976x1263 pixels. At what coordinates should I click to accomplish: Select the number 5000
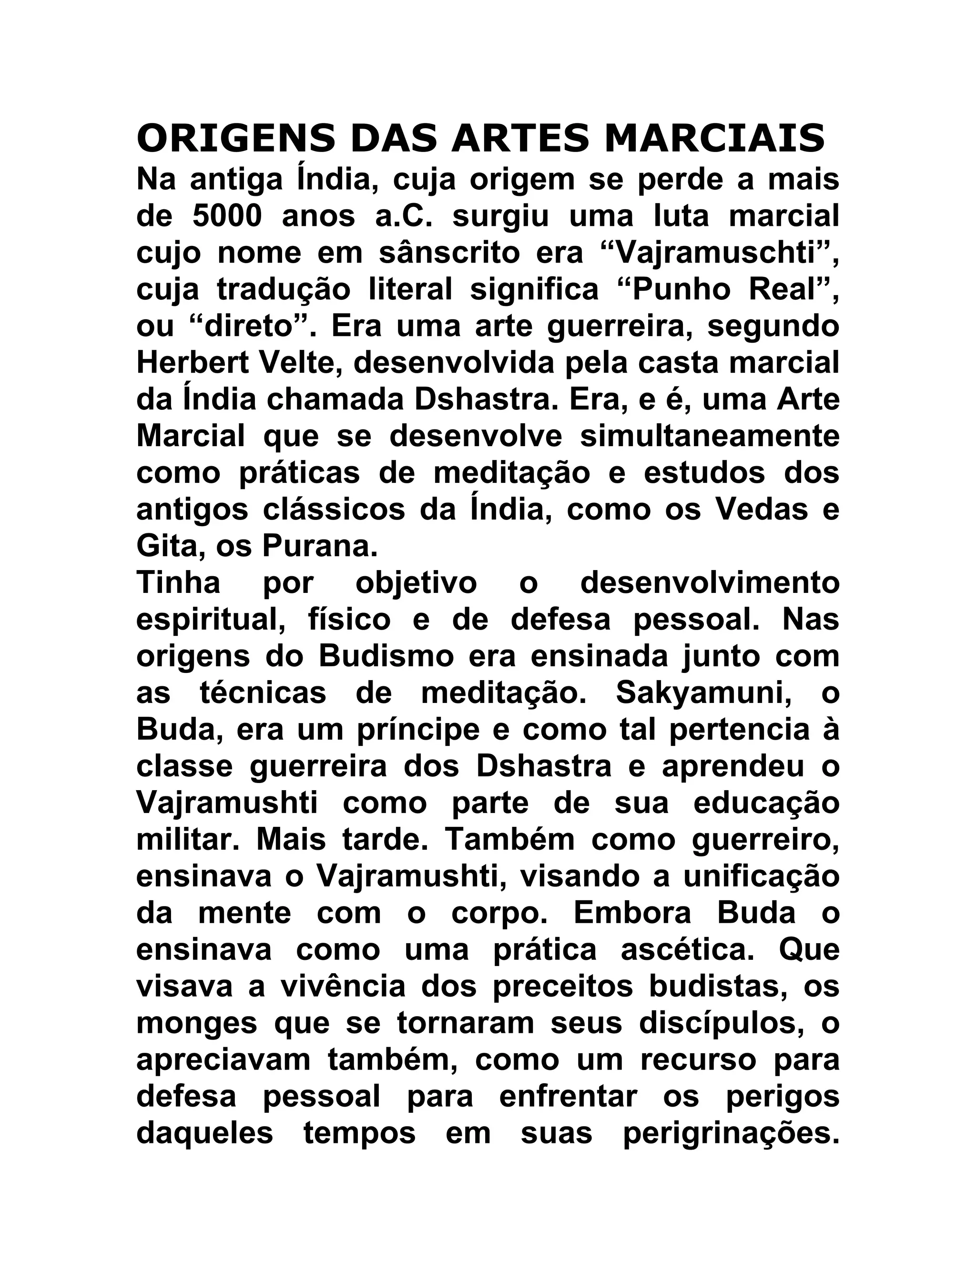click(x=227, y=216)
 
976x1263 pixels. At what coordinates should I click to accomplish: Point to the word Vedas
click(x=762, y=509)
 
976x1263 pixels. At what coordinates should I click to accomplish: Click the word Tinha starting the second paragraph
click(x=178, y=582)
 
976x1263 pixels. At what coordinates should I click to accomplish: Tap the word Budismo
click(x=387, y=656)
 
